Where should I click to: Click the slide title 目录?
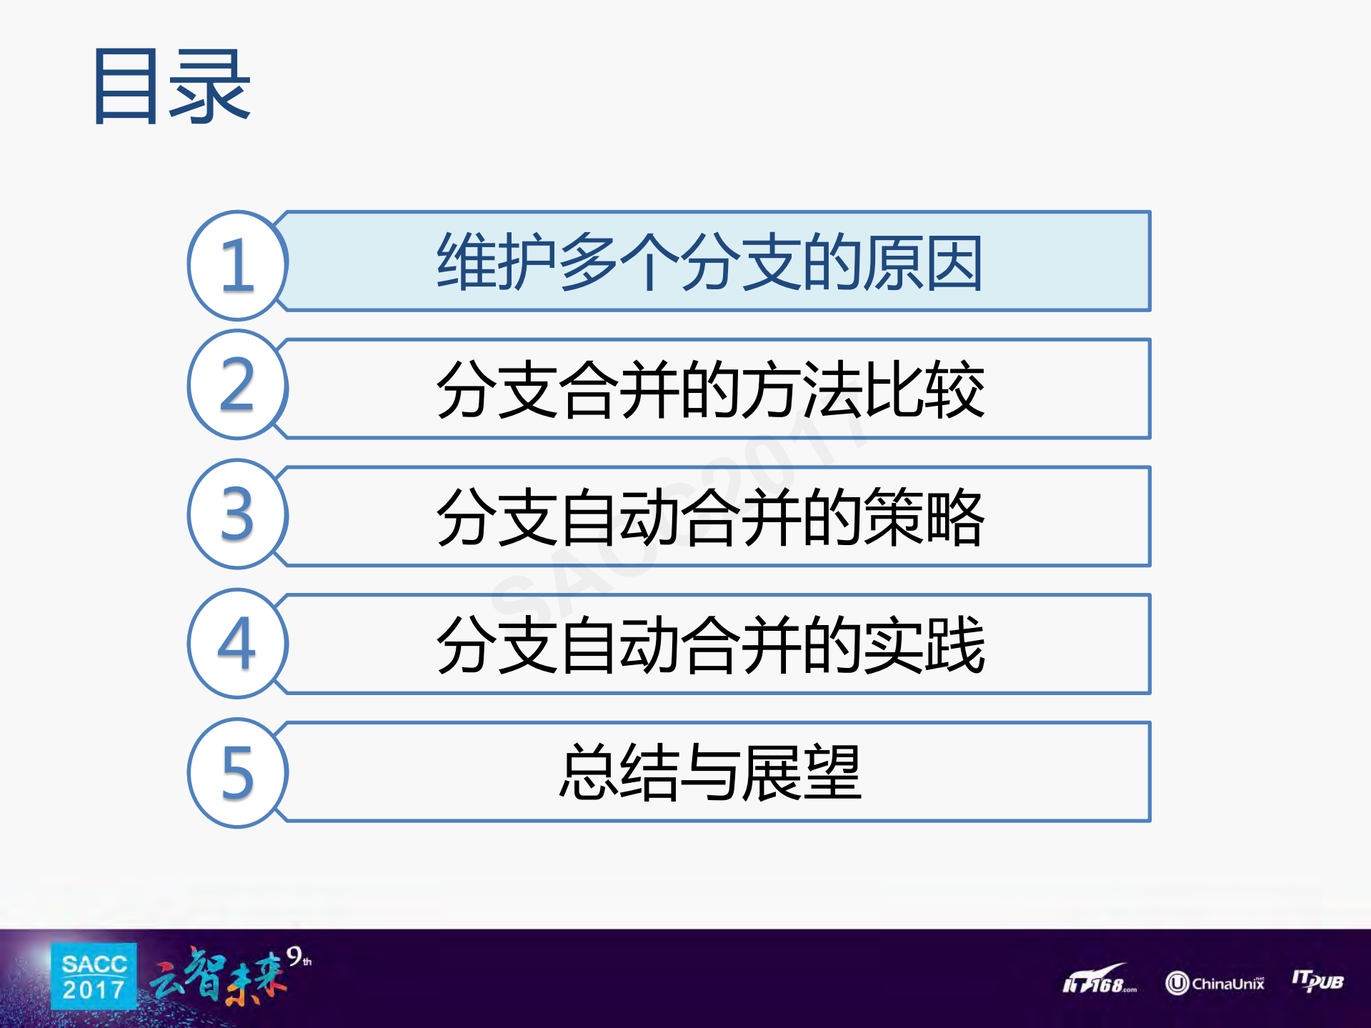[171, 86]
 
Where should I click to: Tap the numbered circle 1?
[238, 265]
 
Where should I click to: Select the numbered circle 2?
[238, 385]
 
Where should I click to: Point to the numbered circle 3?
[238, 514]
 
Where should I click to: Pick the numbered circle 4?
[238, 643]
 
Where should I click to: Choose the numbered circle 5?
[238, 772]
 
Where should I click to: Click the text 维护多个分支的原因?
[709, 262]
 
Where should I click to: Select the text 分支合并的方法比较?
[709, 389]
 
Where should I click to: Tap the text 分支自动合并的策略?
[709, 517]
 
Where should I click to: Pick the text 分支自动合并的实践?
[709, 645]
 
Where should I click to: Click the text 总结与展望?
[709, 772]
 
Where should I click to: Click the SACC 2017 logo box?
[94, 977]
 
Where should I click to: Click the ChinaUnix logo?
[1215, 983]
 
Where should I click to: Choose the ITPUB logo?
[1317, 980]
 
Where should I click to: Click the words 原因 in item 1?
[923, 262]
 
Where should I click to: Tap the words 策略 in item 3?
[924, 517]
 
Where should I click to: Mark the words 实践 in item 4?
[924, 645]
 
